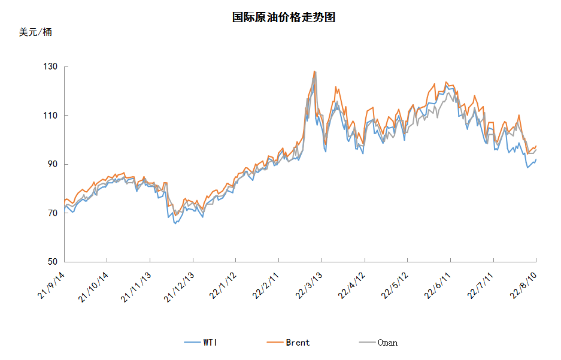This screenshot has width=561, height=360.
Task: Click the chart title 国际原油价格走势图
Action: pos(283,17)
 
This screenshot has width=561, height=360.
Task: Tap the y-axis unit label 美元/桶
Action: pos(35,32)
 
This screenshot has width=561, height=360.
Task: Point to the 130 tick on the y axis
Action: pos(50,66)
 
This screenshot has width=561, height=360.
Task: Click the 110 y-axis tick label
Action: pos(50,116)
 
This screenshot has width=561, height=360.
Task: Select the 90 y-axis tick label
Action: pos(52,164)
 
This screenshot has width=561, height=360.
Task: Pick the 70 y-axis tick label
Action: pos(52,213)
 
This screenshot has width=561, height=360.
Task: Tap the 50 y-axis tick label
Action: pos(52,262)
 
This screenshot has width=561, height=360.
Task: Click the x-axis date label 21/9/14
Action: pos(51,285)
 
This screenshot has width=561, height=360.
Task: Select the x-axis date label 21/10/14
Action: pos(93,287)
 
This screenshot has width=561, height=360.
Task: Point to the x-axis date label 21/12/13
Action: pos(179,287)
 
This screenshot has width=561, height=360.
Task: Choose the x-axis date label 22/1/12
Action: pos(223,285)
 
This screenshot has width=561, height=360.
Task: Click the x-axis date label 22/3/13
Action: pos(308,285)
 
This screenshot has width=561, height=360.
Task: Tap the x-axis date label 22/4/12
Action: pos(351,285)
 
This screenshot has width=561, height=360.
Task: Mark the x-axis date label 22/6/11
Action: pos(437,285)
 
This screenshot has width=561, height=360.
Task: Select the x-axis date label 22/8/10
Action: pos(523,285)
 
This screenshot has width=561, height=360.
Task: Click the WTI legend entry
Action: pos(201,343)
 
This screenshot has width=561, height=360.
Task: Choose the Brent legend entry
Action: pos(288,343)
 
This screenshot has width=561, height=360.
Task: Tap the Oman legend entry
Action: pos(378,343)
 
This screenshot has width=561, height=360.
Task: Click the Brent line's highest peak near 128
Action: pos(314,71)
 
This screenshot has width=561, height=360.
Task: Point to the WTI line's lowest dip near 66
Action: pos(175,223)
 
